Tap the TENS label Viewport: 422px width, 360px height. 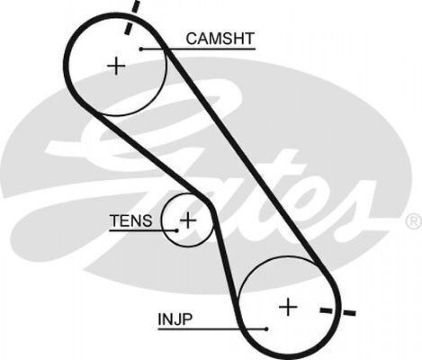coord(131,221)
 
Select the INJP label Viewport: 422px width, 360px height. coord(175,320)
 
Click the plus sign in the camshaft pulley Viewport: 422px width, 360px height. coord(117,66)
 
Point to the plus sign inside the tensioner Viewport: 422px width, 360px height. coord(188,221)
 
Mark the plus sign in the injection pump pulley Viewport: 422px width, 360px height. coord(288,307)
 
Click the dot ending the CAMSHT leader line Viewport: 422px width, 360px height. coord(140,49)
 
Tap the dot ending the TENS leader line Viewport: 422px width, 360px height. coord(177,230)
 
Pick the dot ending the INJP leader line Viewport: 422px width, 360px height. coord(267,329)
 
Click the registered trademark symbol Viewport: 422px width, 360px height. coord(413,222)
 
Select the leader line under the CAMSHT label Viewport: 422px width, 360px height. coord(206,49)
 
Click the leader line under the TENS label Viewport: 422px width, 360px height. coord(139,230)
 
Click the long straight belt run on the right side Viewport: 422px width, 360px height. coord(247,159)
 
